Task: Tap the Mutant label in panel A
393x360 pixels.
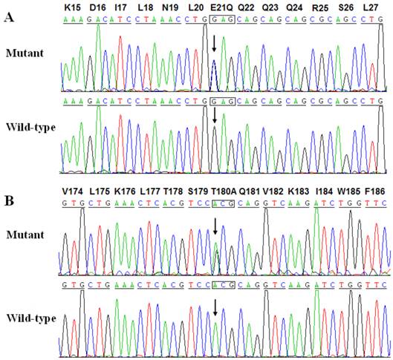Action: coord(23,53)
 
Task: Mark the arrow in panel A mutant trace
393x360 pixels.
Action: coord(214,44)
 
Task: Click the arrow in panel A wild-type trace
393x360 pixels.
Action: coord(214,115)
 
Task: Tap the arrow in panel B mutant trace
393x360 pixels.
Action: coord(215,226)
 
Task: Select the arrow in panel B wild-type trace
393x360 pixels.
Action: coord(215,307)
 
